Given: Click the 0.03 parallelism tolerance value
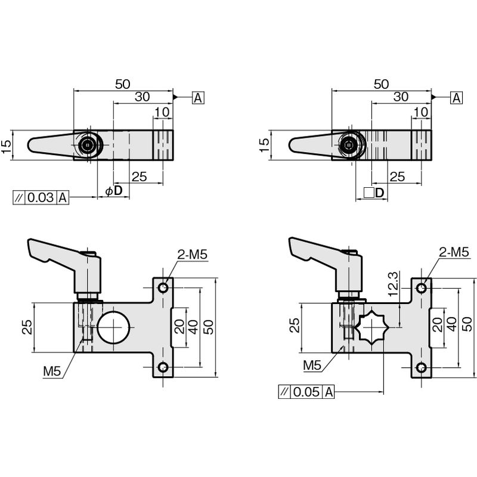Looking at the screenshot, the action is [41, 197].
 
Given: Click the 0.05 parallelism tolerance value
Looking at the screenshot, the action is [306, 392].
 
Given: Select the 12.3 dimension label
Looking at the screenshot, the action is [393, 284].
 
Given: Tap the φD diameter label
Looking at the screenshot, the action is [114, 191].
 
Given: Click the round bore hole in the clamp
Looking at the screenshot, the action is [113, 327].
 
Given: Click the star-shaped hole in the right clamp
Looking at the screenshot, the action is [371, 327].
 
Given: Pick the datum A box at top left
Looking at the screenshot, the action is [198, 98].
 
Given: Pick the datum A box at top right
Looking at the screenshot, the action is [456, 98].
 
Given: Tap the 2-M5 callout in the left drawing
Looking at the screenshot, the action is [193, 255].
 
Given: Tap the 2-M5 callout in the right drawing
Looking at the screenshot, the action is [454, 252].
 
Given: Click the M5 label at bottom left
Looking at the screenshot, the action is [52, 371].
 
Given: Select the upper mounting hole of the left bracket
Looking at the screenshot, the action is [163, 287].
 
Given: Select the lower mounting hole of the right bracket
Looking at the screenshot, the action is [422, 368].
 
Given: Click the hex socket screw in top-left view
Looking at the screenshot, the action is [88, 145].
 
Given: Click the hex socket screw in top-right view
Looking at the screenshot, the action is [349, 145].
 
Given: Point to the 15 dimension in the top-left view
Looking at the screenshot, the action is [7, 145].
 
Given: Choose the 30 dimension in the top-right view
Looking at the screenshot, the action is [401, 97].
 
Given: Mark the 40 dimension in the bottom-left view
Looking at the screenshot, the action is [193, 327].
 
